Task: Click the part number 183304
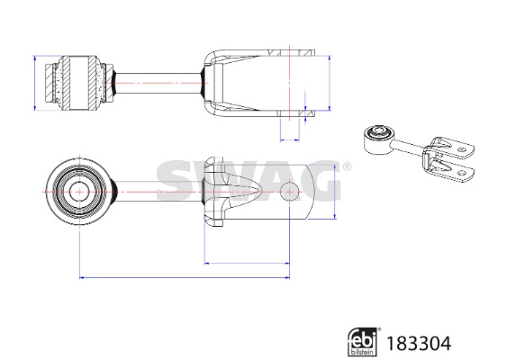click(x=419, y=342)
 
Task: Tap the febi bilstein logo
click(x=363, y=341)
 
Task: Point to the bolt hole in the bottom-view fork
click(x=290, y=192)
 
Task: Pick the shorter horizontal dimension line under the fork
click(x=247, y=263)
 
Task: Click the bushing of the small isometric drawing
click(x=374, y=137)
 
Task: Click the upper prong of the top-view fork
click(x=261, y=56)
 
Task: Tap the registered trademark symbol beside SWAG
click(x=344, y=166)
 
